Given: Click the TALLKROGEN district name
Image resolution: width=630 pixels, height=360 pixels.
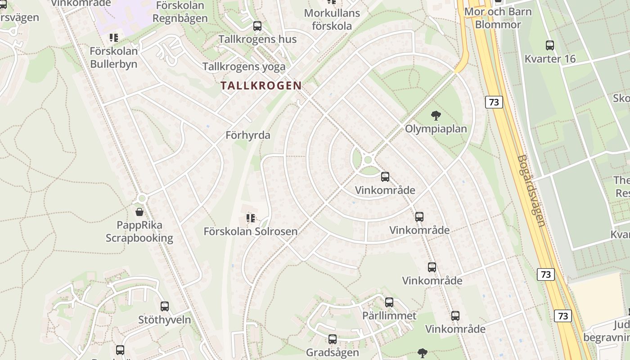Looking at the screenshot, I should [x=261, y=85].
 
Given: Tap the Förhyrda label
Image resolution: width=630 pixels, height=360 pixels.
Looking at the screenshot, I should [x=248, y=135].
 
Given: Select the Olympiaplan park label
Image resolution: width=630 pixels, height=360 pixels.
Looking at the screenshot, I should [x=436, y=129].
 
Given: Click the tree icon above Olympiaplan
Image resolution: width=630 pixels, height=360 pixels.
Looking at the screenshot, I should [x=436, y=116].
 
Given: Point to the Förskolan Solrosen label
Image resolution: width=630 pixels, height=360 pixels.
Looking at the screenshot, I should [x=251, y=232].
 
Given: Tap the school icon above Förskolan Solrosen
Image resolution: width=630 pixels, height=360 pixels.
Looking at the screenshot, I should [x=251, y=219].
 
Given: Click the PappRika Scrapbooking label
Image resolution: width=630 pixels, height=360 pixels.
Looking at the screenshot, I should [x=139, y=231].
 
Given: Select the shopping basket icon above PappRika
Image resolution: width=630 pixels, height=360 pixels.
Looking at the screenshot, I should [x=139, y=211].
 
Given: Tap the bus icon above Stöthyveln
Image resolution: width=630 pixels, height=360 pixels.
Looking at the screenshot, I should [x=165, y=306].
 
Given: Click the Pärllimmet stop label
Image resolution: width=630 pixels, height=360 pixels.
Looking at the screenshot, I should [x=389, y=315].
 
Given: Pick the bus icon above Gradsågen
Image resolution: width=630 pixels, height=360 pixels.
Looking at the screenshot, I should [x=333, y=339].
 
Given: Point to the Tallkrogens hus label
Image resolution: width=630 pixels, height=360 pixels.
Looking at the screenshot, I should [x=257, y=39].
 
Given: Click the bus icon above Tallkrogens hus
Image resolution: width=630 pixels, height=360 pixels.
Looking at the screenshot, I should [x=257, y=26].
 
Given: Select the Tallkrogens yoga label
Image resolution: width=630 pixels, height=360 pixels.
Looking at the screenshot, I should [x=244, y=67].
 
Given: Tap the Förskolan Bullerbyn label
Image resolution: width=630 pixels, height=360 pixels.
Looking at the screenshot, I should [x=113, y=57].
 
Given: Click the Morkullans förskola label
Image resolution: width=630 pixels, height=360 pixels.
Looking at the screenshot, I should [x=332, y=19].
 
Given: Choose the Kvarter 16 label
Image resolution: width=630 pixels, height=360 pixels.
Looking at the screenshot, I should [x=550, y=58].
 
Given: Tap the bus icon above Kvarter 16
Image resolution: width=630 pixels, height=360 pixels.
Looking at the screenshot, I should [x=550, y=45].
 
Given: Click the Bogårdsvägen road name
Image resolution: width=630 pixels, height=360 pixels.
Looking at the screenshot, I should [x=531, y=191].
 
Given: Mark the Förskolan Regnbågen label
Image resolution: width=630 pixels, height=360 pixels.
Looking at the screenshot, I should [x=180, y=12].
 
